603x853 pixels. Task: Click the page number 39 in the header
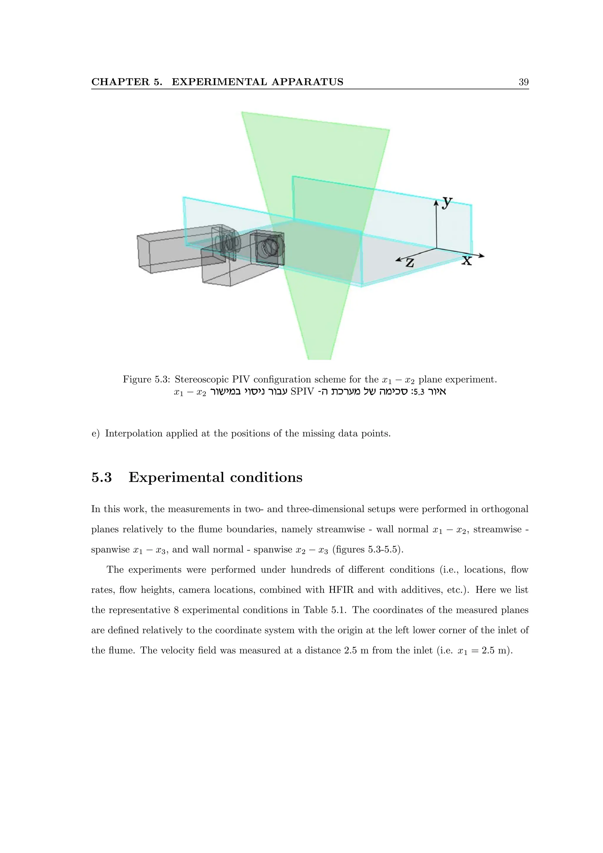tap(523, 82)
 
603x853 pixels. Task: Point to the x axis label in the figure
tap(467, 261)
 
